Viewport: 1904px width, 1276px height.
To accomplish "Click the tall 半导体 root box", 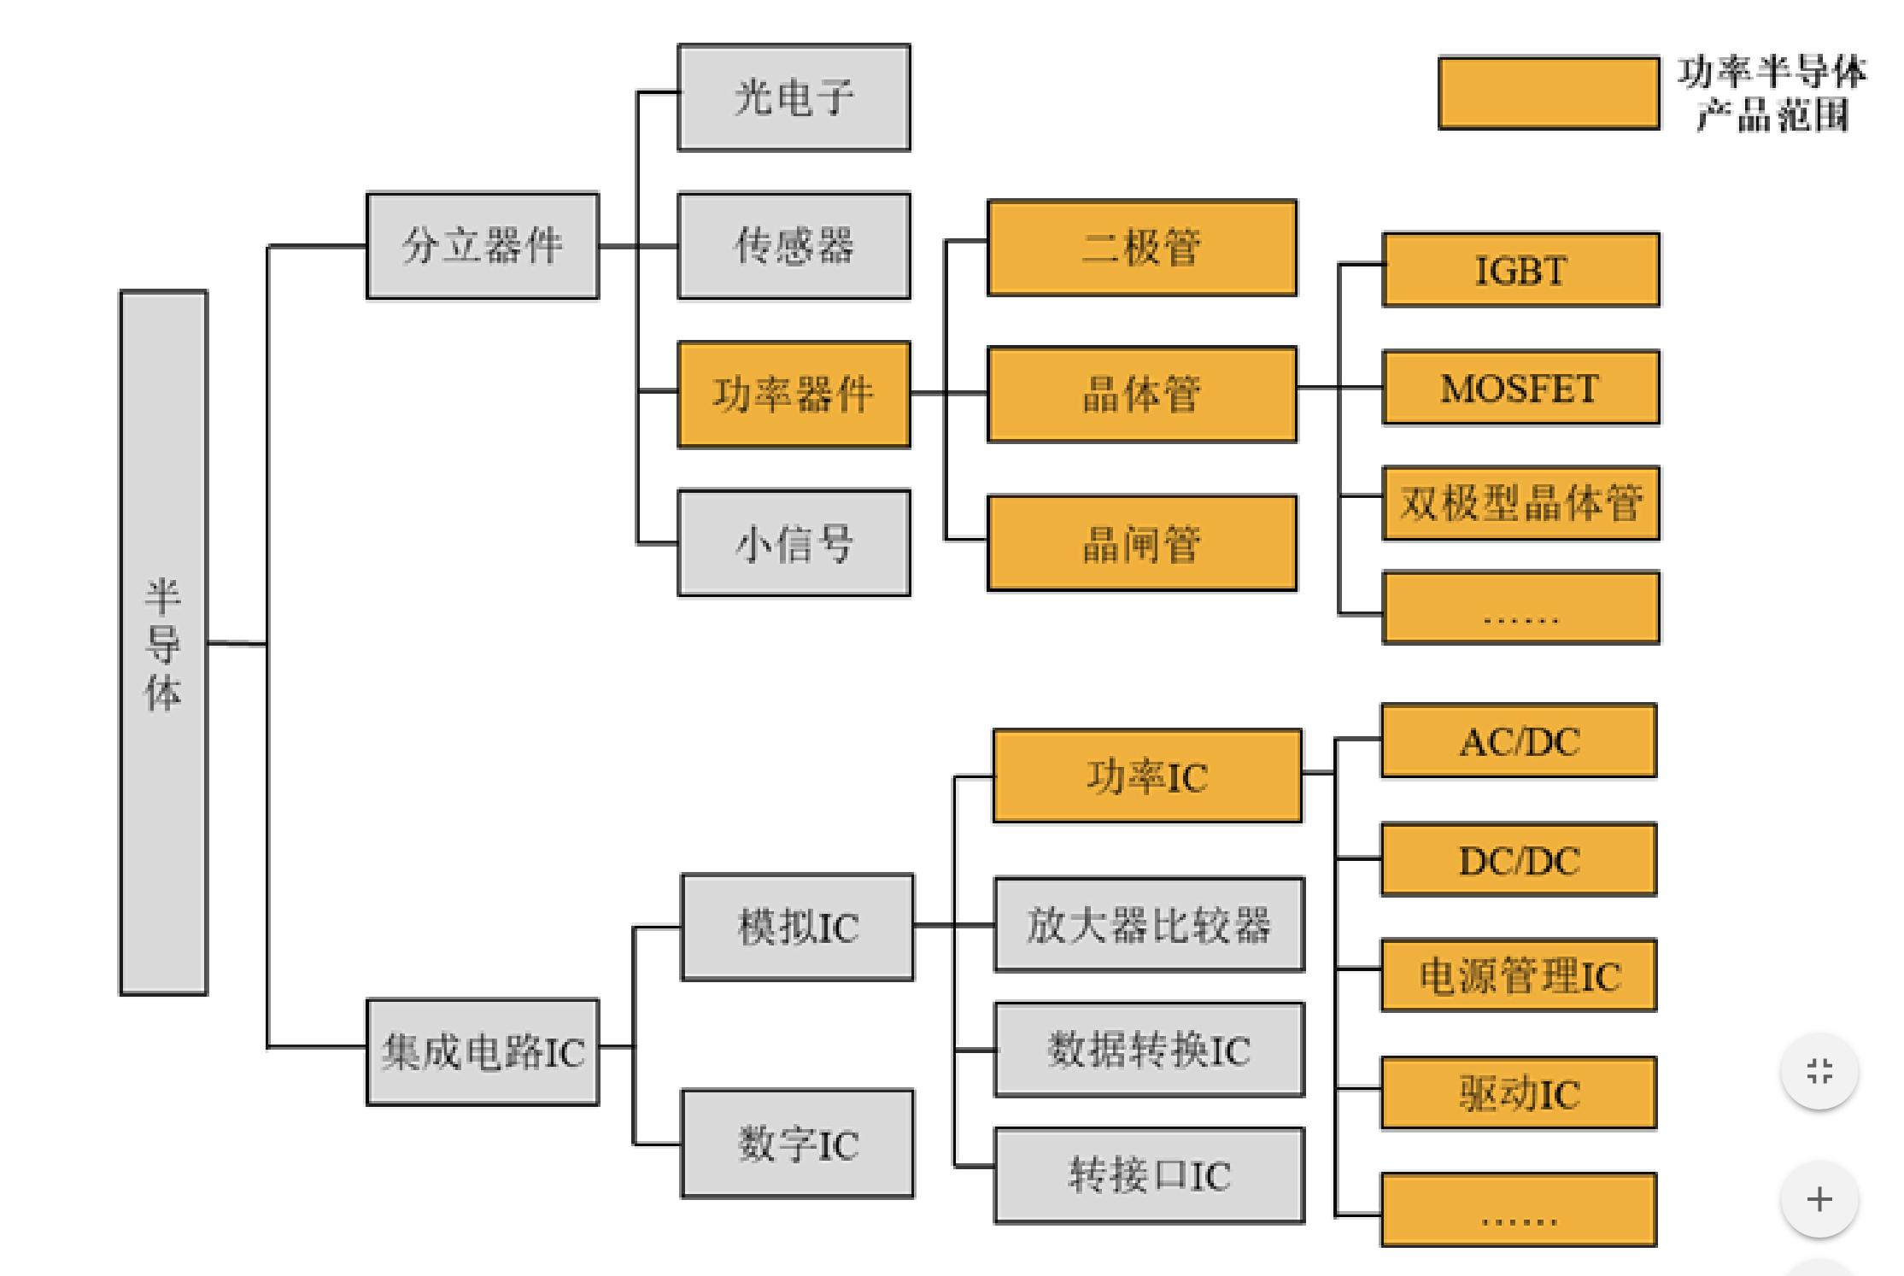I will click(163, 642).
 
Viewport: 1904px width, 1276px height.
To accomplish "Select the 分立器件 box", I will click(483, 246).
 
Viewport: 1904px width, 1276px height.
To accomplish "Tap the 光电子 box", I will click(794, 97).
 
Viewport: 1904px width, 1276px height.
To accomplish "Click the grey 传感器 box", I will click(794, 246).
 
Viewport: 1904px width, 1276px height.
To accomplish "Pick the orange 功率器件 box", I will click(794, 395).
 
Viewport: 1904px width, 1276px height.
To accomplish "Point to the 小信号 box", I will click(794, 543).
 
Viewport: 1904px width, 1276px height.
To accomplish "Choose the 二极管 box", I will click(1142, 248).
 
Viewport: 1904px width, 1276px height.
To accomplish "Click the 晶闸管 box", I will click(1142, 543).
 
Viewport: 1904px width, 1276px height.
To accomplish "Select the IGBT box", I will click(1520, 270).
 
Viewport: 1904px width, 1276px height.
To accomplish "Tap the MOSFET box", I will click(1520, 388).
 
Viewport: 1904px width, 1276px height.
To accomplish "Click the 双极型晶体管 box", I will click(1520, 503).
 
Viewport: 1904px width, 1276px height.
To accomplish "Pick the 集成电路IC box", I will click(483, 1052).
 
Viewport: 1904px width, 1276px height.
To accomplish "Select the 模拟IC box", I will click(797, 927).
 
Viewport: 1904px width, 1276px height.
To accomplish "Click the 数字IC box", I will click(797, 1144).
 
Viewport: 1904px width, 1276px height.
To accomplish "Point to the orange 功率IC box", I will click(1147, 776).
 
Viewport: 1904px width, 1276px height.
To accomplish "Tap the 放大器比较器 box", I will click(1149, 925).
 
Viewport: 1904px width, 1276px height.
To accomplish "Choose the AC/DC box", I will click(1519, 740).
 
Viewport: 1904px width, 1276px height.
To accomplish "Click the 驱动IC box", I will click(1519, 1094).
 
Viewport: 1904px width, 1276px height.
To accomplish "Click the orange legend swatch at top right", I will click(1549, 93).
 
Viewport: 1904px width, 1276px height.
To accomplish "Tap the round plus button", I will click(1819, 1199).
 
